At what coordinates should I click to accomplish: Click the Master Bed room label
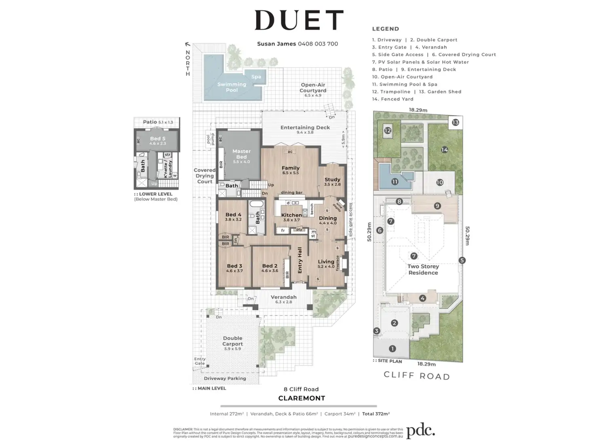point(241,154)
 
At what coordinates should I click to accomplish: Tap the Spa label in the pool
point(256,77)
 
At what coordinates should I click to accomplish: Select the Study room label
point(332,179)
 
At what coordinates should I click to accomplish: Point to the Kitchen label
point(291,215)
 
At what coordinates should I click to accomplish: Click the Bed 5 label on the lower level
point(158,139)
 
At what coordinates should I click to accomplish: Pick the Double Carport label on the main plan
point(233,341)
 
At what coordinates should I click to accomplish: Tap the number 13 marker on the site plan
point(456,122)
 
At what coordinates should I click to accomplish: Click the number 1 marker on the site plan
point(392,349)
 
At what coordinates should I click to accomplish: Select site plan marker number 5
point(462,261)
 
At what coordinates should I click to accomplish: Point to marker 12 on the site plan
point(388,130)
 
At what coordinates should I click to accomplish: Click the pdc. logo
point(420,431)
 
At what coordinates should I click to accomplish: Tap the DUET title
point(299,20)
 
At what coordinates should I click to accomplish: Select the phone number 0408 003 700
point(318,44)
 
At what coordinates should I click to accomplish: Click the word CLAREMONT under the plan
point(302,398)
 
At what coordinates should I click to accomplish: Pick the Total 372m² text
point(376,414)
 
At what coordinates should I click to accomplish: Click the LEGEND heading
point(386,29)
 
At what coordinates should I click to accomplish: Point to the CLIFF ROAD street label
point(417,375)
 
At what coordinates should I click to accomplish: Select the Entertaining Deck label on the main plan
point(305,127)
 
